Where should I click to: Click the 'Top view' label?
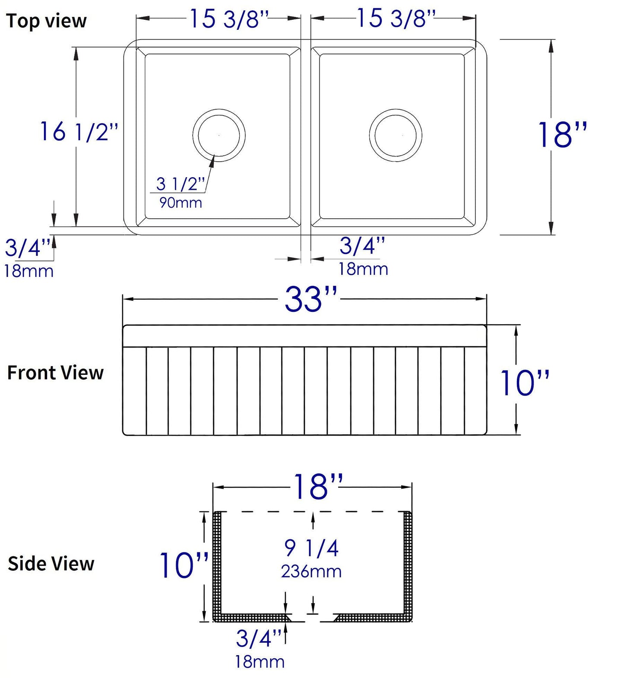click(46, 21)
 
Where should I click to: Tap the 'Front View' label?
click(55, 373)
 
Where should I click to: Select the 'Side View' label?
click(51, 563)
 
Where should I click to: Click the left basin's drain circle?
click(219, 135)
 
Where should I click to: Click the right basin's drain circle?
click(396, 135)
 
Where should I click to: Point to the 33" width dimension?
click(310, 299)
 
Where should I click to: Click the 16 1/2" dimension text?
click(79, 132)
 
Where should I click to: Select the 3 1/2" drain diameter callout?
click(180, 184)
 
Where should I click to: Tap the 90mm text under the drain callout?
click(181, 202)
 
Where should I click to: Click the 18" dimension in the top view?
click(562, 135)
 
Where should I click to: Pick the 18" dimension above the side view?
click(318, 487)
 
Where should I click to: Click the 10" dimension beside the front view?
click(524, 383)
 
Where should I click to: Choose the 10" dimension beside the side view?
click(184, 565)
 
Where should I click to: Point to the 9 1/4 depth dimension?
click(311, 548)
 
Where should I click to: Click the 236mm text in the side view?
click(311, 571)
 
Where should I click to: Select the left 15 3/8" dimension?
click(229, 19)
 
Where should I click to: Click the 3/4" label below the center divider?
click(362, 246)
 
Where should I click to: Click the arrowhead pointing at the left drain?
click(212, 161)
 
